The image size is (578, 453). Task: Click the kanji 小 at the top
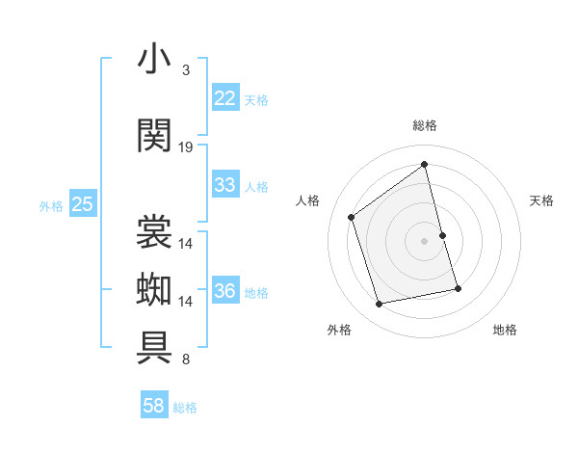pos(154,60)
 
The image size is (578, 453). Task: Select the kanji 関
pos(154,136)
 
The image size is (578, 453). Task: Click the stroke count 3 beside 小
pos(186,70)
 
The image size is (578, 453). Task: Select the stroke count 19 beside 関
pos(186,147)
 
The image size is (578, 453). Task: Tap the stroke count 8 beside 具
pos(186,360)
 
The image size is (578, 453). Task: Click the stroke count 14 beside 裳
pos(186,244)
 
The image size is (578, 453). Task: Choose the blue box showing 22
pos(225,98)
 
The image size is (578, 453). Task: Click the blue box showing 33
pos(225,185)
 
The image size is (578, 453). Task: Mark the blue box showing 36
pos(225,291)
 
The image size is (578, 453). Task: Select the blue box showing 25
pos(82,204)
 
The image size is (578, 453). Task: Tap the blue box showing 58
pos(154,407)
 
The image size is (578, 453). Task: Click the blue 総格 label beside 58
pos(185,408)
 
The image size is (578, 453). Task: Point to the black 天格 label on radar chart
pos(542,200)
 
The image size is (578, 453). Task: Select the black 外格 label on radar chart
pos(339,330)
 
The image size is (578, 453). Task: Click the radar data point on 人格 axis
pos(352,217)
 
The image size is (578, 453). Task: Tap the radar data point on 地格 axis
pos(458,288)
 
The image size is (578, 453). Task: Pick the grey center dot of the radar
pos(425,240)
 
